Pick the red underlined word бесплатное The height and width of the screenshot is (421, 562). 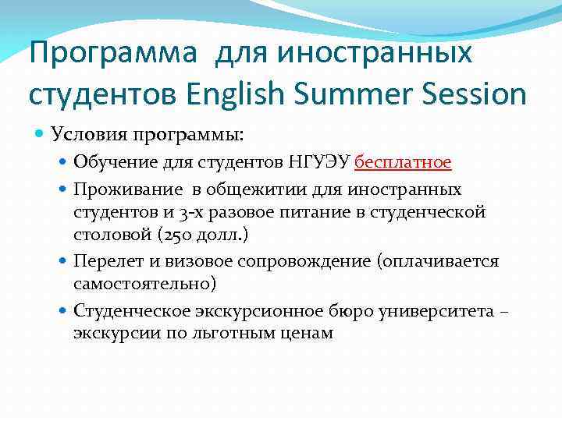403,162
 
